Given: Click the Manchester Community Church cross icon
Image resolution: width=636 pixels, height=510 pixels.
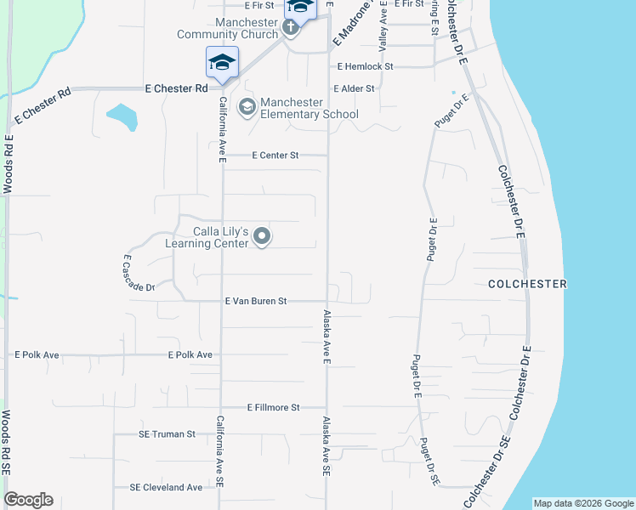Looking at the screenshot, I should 290,27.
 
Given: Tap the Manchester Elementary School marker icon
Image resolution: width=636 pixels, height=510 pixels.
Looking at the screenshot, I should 247,107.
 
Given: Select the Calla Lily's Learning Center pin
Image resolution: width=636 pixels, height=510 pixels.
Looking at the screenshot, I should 263,237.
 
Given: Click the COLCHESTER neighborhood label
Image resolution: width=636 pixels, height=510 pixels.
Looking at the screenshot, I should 526,284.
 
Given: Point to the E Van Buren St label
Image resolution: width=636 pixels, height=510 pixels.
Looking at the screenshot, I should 256,301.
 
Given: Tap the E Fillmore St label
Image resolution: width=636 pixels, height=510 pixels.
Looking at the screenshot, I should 274,408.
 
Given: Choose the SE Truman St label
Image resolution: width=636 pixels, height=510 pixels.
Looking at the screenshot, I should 167,434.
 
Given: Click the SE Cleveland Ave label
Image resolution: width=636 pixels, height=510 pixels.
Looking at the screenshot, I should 166,488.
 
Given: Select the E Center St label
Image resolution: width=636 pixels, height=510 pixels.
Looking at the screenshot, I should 276,156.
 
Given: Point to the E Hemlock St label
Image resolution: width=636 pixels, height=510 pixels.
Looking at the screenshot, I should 365,66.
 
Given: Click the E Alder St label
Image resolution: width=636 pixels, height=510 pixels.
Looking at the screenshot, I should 355,88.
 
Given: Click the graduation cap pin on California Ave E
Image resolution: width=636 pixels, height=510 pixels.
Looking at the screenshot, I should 222,63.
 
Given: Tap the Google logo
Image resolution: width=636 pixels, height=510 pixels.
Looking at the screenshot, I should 28,500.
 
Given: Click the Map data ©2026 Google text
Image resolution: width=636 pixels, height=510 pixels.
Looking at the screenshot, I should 582,503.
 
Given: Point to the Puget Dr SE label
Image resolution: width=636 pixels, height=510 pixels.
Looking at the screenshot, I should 429,462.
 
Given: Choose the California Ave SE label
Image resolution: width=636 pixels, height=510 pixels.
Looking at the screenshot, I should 220,450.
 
